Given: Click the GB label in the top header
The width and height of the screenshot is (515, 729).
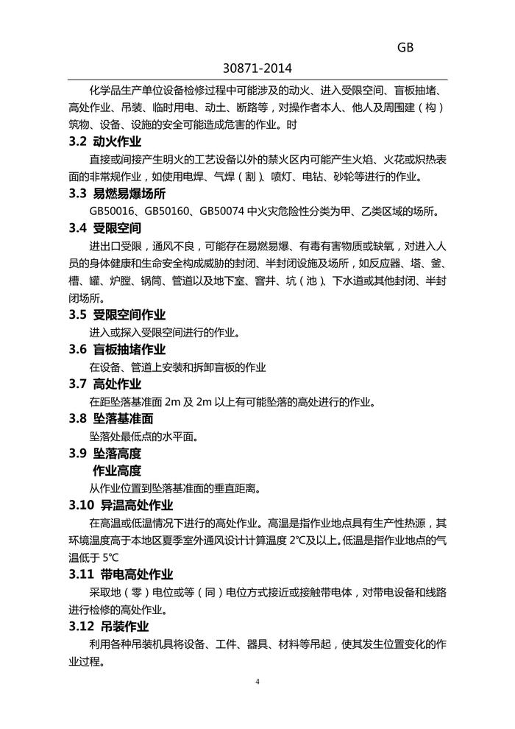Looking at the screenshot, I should tap(406, 47).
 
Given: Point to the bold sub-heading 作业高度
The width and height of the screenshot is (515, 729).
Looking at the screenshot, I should tap(116, 471).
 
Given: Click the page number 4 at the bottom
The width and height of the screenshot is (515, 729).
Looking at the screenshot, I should tap(257, 681).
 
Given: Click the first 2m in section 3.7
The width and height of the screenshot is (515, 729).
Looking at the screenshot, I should tap(173, 402).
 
